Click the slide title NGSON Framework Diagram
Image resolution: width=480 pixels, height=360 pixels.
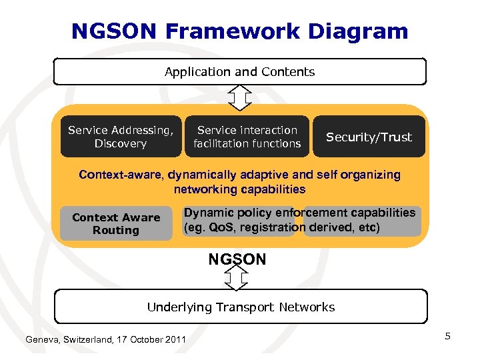click(239, 31)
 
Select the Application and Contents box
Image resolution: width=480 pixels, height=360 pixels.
click(239, 71)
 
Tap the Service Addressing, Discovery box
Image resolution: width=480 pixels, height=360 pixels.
click(121, 137)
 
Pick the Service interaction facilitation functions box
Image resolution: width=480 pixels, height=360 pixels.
click(247, 137)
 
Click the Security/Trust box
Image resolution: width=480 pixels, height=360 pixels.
click(369, 137)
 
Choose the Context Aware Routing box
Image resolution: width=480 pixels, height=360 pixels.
click(116, 224)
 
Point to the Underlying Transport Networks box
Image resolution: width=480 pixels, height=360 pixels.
click(240, 307)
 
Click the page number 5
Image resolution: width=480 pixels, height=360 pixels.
click(448, 336)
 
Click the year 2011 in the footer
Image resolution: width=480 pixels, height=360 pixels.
click(174, 340)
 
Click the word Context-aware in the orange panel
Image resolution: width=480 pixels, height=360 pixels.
click(121, 175)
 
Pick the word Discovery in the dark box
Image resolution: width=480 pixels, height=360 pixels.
click(121, 143)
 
